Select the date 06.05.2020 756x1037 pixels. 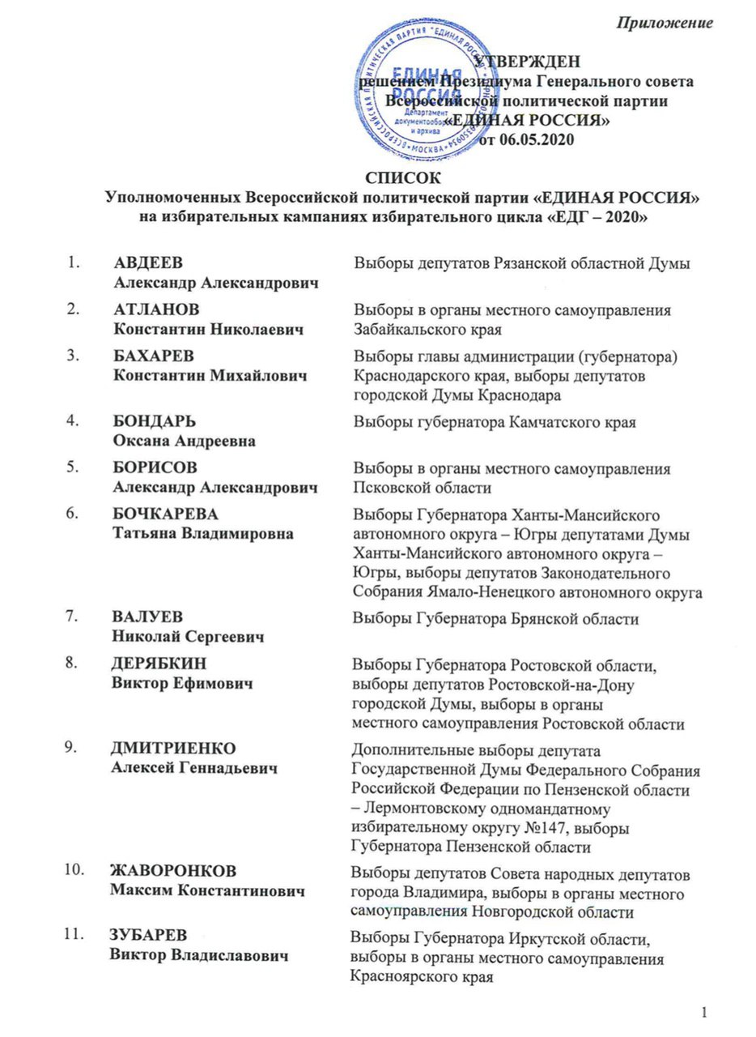click(537, 140)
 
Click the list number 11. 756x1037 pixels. click(74, 937)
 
